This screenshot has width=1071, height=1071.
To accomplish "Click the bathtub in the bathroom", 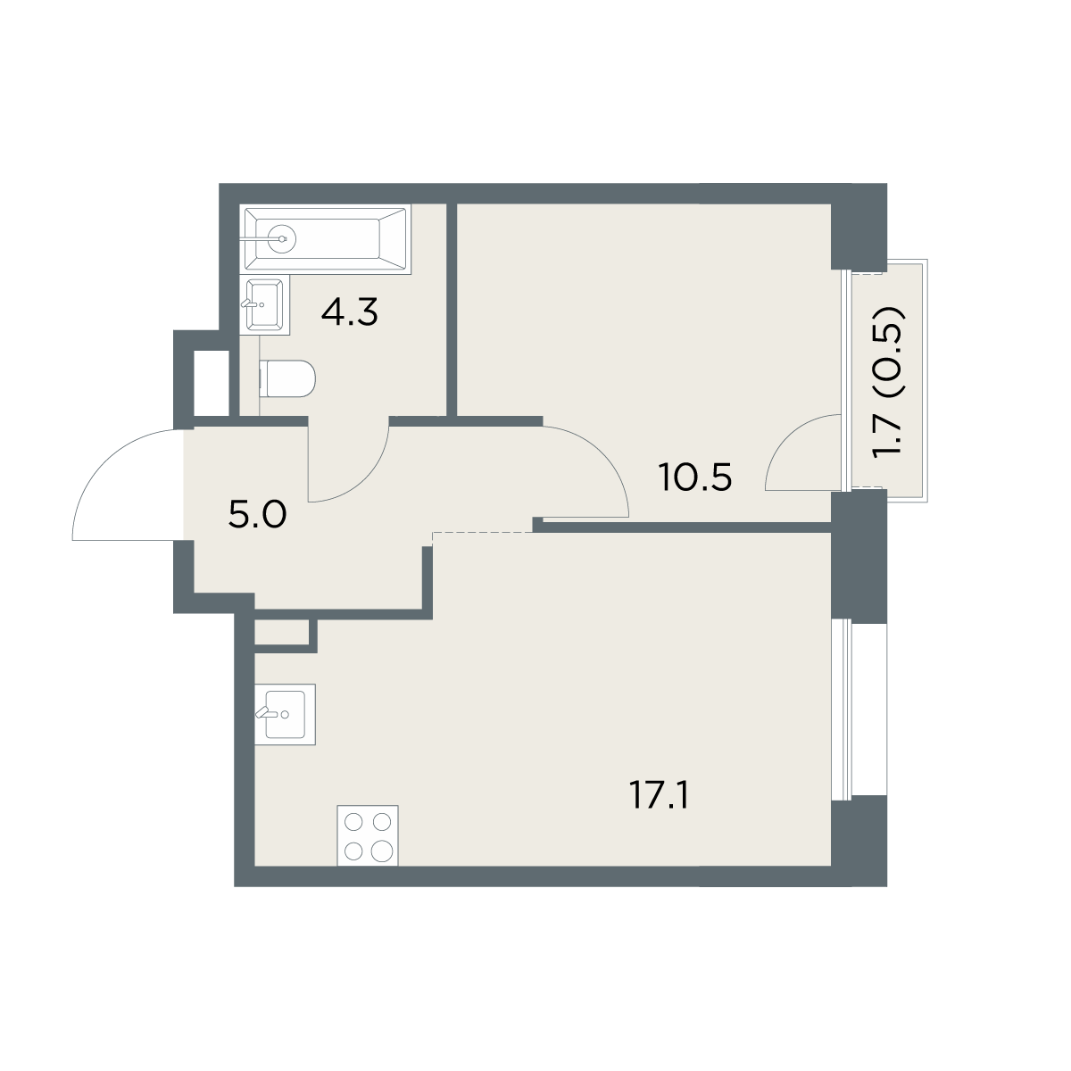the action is click(x=325, y=239).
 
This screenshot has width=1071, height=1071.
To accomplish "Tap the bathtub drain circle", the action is click(x=282, y=239).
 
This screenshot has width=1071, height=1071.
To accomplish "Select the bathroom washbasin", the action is click(x=264, y=305).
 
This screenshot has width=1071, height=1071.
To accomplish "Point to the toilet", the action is click(x=287, y=378).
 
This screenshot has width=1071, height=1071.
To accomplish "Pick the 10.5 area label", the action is click(x=694, y=477).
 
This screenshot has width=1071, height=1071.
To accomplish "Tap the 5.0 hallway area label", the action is click(x=257, y=515).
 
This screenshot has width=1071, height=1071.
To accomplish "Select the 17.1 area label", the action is click(x=660, y=795).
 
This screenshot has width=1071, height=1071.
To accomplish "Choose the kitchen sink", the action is click(x=285, y=714).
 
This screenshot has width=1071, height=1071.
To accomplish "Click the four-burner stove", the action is click(x=368, y=835).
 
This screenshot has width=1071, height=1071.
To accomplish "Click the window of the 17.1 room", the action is click(x=845, y=710).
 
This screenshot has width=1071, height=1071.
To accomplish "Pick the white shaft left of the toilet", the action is click(x=212, y=383).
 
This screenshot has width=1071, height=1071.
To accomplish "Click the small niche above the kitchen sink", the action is click(x=281, y=632).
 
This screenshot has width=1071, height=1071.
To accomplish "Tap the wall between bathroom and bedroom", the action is click(x=452, y=310).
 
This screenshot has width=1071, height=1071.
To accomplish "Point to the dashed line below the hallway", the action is click(x=483, y=533).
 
